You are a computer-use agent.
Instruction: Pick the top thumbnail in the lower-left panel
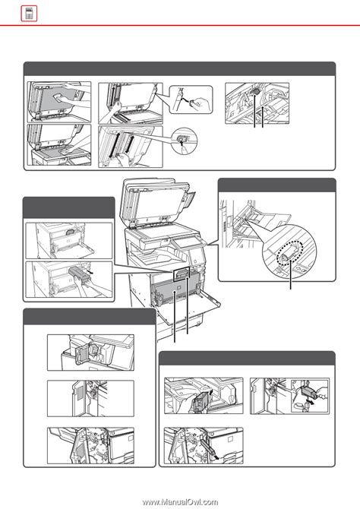coord(81,352)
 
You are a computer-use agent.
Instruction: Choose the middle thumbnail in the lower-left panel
coord(81,397)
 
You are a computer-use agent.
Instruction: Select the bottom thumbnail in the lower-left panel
coord(81,444)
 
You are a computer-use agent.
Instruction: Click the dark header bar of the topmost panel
coord(179,68)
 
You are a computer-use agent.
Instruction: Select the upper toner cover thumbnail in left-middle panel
coord(69,239)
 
